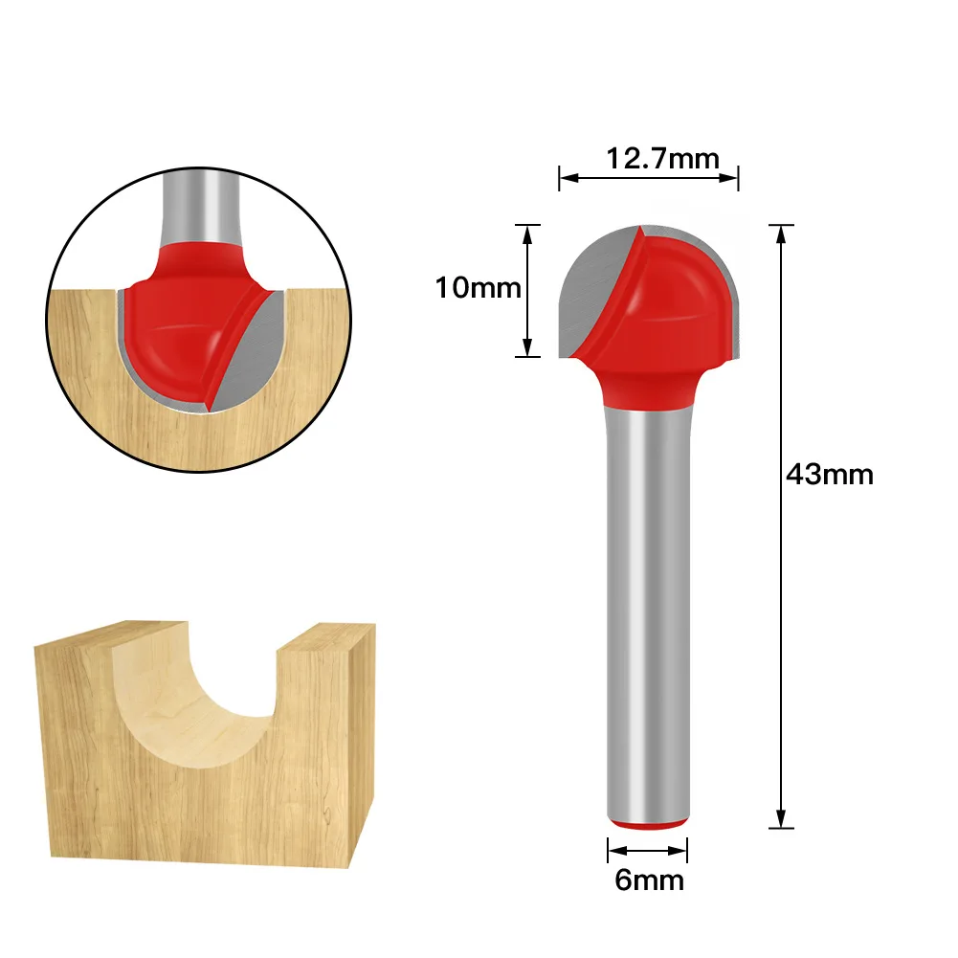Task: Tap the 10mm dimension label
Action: point(479,287)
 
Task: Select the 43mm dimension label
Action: point(829,474)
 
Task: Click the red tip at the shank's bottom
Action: point(647,824)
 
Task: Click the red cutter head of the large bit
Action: point(670,306)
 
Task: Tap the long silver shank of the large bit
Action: point(647,613)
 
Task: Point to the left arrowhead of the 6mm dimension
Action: point(613,849)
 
